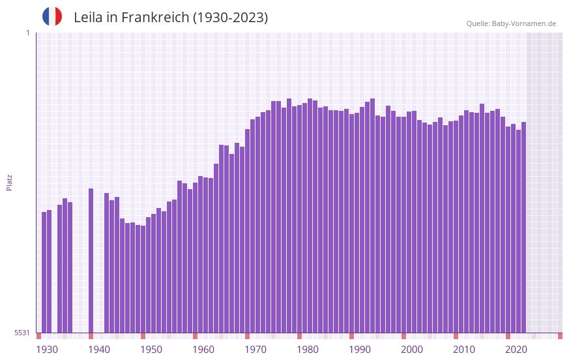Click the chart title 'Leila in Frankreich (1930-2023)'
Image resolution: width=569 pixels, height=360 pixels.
pos(171,18)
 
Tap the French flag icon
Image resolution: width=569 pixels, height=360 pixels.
pos(52,16)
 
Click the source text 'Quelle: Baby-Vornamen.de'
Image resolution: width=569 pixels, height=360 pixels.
pos(511,23)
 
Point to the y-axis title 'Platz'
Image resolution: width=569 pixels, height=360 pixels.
pos(9,182)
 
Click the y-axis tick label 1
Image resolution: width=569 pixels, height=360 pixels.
pos(27,33)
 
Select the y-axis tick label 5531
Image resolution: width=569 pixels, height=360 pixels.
pos(22,333)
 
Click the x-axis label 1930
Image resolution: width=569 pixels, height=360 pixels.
pos(47,350)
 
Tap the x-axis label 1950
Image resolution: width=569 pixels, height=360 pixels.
pos(151,350)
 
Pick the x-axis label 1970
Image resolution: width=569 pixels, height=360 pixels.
pos(255,350)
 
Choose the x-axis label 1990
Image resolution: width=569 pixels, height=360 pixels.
pos(360,350)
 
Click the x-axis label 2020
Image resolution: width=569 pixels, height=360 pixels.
pos(516,350)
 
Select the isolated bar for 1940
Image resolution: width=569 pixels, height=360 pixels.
pos(91,261)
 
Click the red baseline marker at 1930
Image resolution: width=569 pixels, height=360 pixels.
pos(38,336)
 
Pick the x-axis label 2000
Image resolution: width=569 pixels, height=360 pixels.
pos(412,350)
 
